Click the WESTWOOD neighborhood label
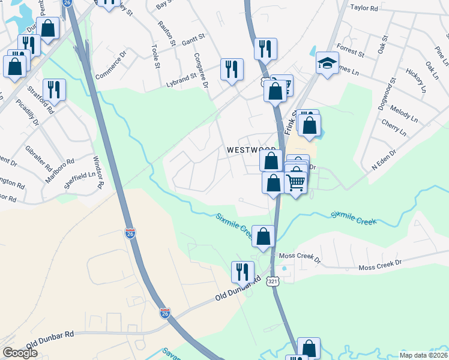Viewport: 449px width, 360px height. click(251, 150)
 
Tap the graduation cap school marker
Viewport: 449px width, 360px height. click(327, 63)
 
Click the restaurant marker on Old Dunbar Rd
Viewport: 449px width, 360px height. click(243, 272)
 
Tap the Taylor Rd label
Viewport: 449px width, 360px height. click(364, 8)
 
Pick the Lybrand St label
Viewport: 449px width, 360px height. click(182, 77)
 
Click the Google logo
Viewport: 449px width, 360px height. click(20, 353)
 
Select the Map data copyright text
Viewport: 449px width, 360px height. click(423, 355)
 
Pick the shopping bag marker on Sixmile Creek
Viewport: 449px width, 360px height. click(263, 236)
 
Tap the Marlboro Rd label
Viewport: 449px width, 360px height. click(59, 170)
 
